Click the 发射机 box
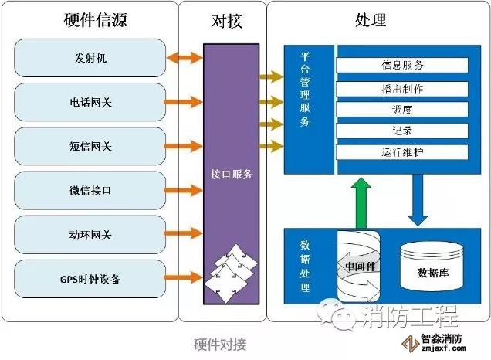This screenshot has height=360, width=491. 90,57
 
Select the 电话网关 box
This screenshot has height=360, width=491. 90,101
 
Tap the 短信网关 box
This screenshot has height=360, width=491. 90,145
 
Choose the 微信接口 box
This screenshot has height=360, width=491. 90,189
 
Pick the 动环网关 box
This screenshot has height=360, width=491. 90,234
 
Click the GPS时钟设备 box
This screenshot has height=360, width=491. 90,278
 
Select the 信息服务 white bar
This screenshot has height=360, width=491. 401,65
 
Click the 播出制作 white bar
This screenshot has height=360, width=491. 401,88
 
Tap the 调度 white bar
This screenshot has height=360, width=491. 401,109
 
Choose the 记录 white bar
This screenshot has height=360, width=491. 401,131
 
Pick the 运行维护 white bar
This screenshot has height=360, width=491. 401,151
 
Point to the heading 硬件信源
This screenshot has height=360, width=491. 90,20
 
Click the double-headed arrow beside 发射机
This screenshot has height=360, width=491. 185,57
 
